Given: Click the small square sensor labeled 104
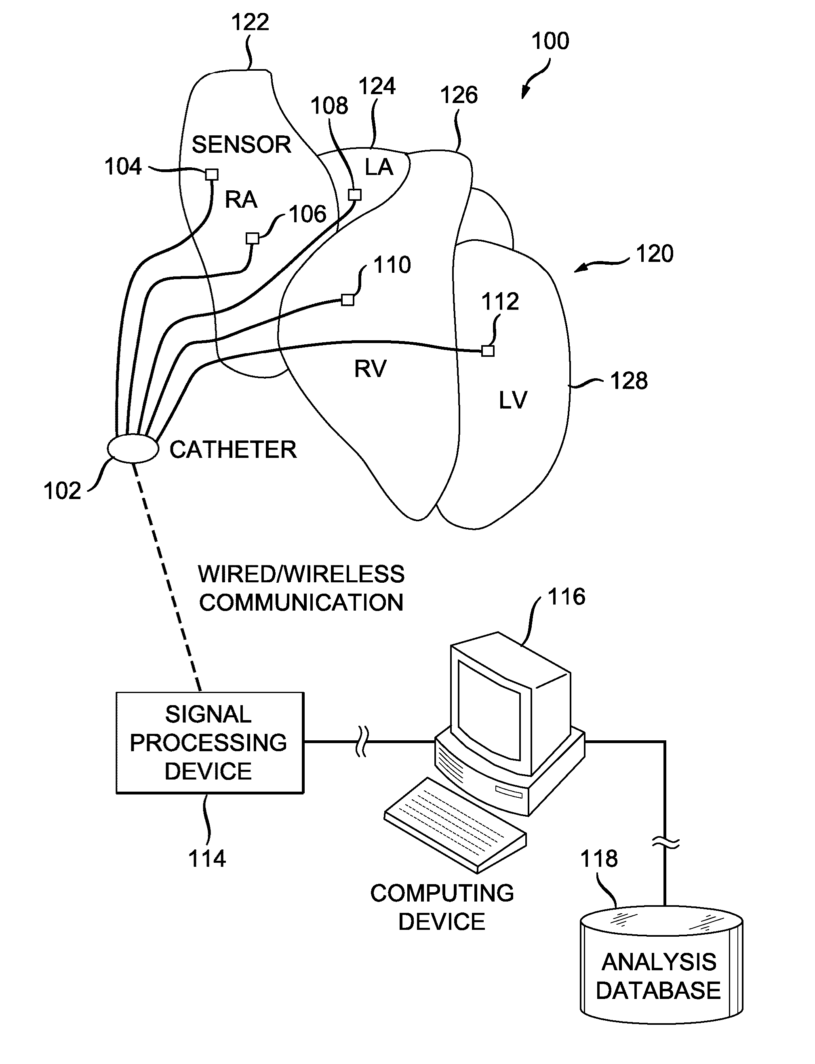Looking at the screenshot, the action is tap(212, 174).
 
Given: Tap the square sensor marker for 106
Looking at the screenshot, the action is tap(252, 238).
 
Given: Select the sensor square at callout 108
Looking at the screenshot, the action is tap(355, 194).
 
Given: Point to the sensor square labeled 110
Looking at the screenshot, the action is tap(347, 300).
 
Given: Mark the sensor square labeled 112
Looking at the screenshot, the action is tap(488, 350).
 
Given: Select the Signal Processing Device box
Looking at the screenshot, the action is tap(210, 742).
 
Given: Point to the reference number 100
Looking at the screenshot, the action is tap(550, 41).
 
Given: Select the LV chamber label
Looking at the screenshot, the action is tap(513, 400).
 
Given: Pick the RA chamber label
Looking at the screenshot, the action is tap(241, 199).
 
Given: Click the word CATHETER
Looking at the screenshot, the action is tap(233, 450).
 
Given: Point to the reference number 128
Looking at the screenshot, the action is tap(629, 381).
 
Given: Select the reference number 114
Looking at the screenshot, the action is tap(207, 858).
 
